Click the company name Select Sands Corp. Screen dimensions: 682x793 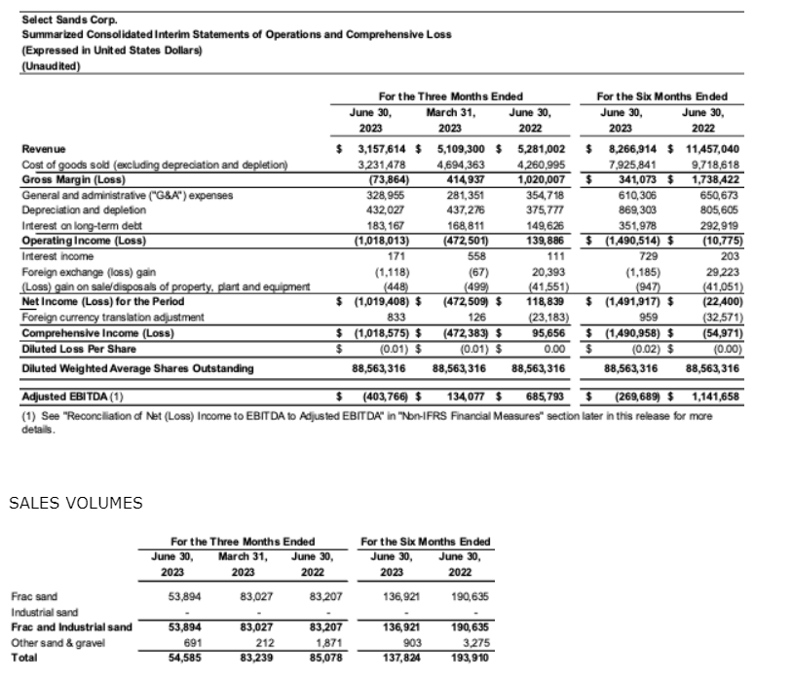tap(57, 19)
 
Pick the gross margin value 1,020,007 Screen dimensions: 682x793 tap(539, 179)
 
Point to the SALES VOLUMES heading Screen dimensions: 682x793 tap(76, 504)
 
